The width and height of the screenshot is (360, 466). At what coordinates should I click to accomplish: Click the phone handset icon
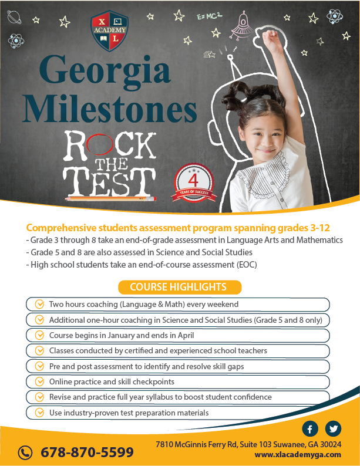25,452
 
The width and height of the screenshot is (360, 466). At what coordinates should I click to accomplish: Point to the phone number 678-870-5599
87,453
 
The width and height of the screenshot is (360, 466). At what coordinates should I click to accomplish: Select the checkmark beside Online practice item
39,381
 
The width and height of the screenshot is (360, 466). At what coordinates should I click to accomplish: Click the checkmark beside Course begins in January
39,336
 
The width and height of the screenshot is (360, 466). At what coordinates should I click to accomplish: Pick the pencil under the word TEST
111,199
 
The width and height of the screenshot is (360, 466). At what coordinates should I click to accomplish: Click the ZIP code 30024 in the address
329,444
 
